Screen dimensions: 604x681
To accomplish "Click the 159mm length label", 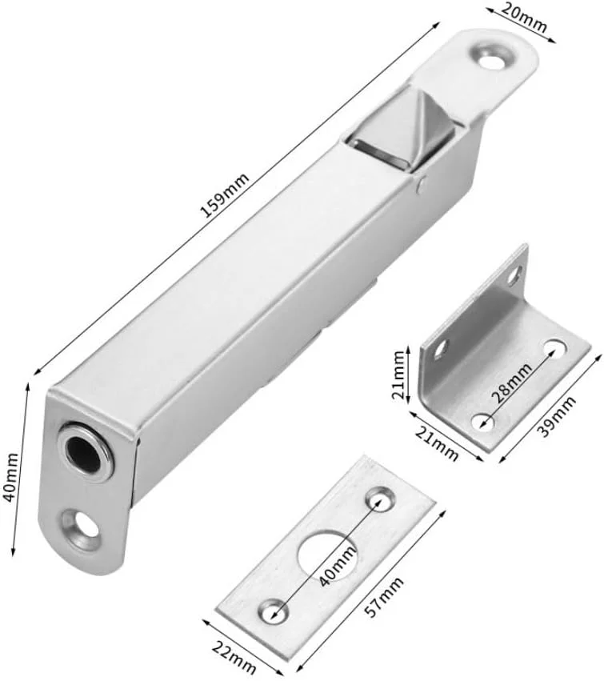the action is pyautogui.click(x=225, y=195).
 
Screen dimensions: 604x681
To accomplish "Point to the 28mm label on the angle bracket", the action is pyautogui.click(x=511, y=383).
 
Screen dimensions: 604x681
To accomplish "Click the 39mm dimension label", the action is pyautogui.click(x=557, y=415).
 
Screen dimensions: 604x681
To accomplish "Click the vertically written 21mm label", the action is pyautogui.click(x=399, y=375).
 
